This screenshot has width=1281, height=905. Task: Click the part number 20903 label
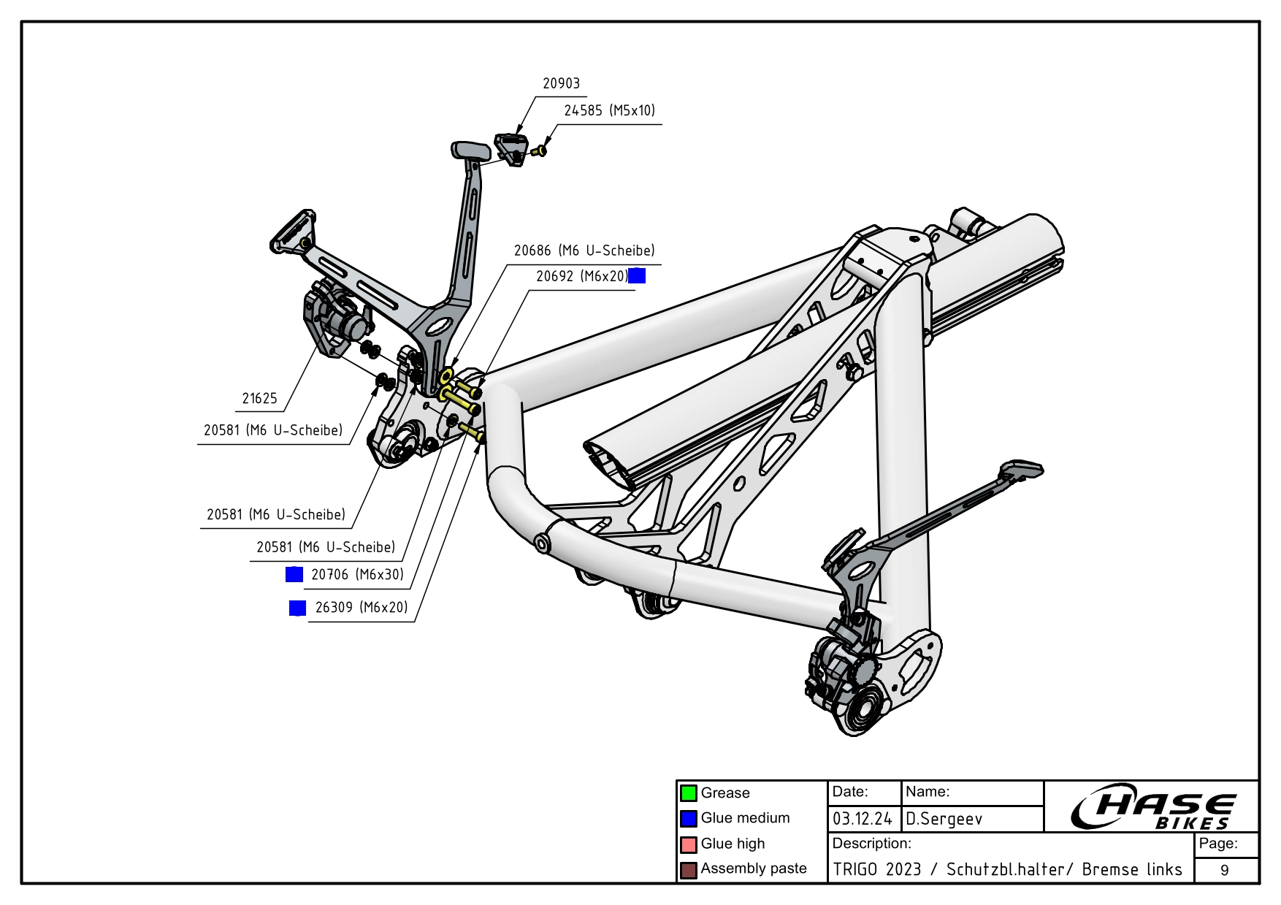[561, 83]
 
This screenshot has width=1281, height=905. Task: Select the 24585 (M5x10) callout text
[609, 110]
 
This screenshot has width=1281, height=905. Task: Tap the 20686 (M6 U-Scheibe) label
[584, 251]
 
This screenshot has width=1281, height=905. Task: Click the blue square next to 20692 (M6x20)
[637, 275]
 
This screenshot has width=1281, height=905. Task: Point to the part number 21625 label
[259, 399]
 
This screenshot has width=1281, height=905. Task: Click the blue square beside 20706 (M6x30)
[294, 574]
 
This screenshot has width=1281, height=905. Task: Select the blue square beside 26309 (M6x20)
[297, 608]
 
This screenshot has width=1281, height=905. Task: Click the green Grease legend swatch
[688, 793]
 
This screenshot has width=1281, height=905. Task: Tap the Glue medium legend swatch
[688, 818]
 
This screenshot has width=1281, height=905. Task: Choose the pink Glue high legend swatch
[688, 844]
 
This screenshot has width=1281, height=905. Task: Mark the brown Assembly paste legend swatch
[688, 869]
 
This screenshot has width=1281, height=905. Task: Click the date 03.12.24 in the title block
[862, 819]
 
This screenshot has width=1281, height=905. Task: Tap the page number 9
[1225, 870]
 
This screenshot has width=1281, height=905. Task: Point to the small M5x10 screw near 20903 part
[540, 150]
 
